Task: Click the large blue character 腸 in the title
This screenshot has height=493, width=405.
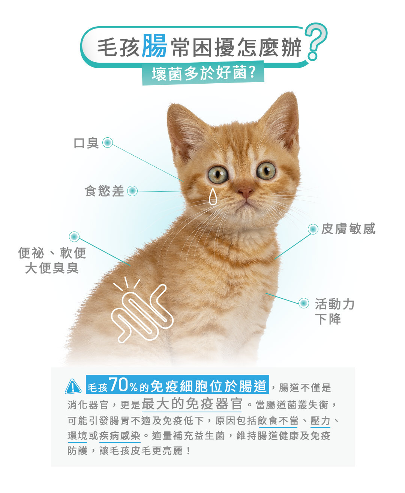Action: [x=154, y=46]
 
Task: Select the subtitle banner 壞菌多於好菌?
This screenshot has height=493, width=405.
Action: [x=203, y=73]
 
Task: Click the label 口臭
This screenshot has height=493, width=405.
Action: [x=86, y=143]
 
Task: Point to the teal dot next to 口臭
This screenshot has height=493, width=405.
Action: [x=108, y=142]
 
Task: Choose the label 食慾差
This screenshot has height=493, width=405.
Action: [x=104, y=191]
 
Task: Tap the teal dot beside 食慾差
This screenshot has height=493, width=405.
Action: [x=132, y=191]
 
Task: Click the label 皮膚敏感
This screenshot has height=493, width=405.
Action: [x=348, y=228]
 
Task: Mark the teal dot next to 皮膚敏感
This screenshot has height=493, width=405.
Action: [x=313, y=229]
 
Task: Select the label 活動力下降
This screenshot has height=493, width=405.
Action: [x=334, y=311]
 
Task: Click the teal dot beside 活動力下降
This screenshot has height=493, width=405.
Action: [x=304, y=303]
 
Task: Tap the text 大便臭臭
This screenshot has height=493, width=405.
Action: [x=52, y=268]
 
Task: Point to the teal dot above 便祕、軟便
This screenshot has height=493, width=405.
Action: [x=74, y=237]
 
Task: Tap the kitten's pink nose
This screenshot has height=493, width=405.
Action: [x=245, y=192]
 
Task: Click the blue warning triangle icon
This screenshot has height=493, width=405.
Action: [x=73, y=386]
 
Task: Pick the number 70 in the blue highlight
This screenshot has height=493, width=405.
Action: [x=118, y=385]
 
